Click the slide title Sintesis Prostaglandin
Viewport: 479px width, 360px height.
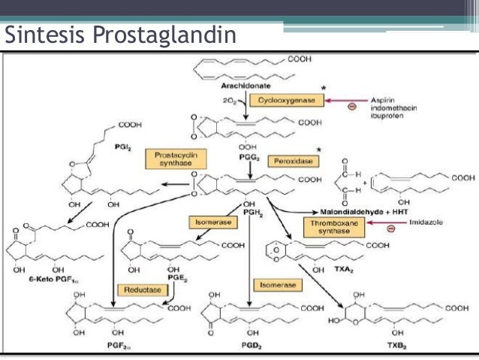click(119, 35)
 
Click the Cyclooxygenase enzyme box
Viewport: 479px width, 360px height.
click(288, 99)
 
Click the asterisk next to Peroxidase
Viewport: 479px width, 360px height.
click(318, 150)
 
